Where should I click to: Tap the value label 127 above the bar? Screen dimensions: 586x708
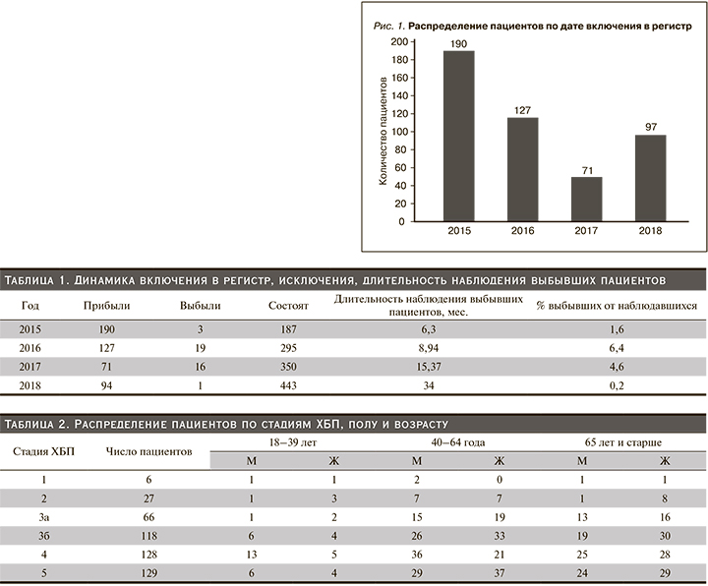point(522,109)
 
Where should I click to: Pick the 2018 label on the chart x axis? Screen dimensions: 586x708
point(649,232)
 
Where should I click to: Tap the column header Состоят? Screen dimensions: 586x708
point(289,306)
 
